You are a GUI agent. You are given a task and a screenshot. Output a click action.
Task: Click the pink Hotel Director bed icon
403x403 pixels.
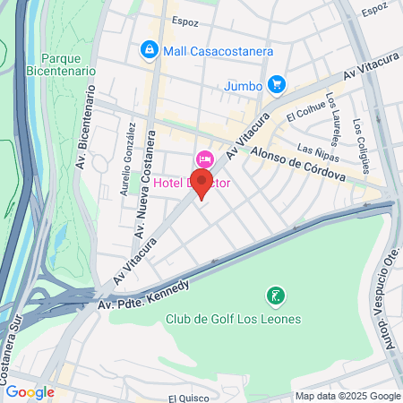(204, 159)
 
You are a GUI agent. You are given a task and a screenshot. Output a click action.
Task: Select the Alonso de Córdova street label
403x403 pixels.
(297, 165)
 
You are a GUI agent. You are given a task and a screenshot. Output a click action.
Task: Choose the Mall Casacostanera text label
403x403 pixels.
(218, 51)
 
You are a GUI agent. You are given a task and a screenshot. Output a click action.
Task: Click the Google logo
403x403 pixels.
(30, 392)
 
